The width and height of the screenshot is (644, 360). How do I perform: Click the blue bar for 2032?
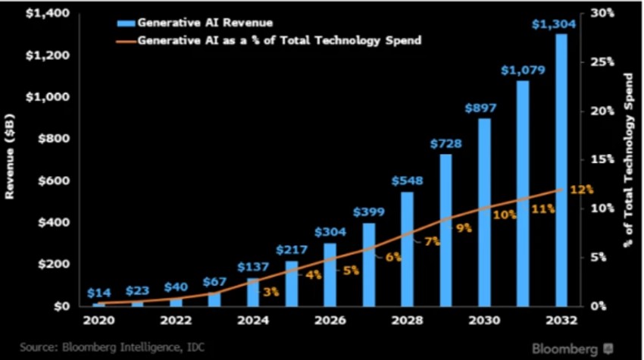click(561, 171)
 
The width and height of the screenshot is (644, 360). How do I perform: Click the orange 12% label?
click(582, 189)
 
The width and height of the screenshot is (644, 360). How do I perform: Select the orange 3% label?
click(271, 291)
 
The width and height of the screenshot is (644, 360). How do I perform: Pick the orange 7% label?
click(432, 241)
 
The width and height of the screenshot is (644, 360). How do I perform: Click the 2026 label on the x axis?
click(330, 320)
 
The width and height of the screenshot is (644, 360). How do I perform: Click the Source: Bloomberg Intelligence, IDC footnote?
click(102, 348)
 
